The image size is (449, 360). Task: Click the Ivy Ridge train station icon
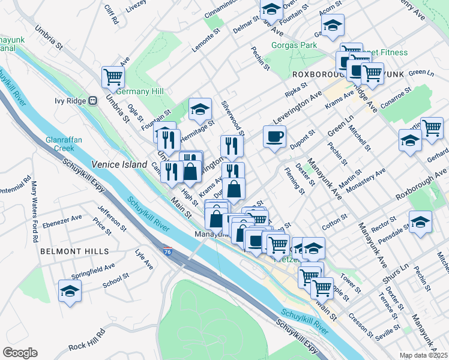(x=93, y=101)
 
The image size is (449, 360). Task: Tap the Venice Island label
(x=119, y=164)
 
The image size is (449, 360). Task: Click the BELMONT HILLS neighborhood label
(x=74, y=251)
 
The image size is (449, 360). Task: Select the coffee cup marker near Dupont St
(x=274, y=136)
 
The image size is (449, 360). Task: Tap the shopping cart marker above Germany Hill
(x=113, y=76)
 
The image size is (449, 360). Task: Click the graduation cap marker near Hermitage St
(x=200, y=109)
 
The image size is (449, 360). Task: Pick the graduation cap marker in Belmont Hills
(x=70, y=291)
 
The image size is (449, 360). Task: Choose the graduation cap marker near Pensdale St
(x=420, y=221)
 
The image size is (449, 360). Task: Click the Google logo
(x=20, y=353)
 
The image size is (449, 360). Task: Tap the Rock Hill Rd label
(x=88, y=346)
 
